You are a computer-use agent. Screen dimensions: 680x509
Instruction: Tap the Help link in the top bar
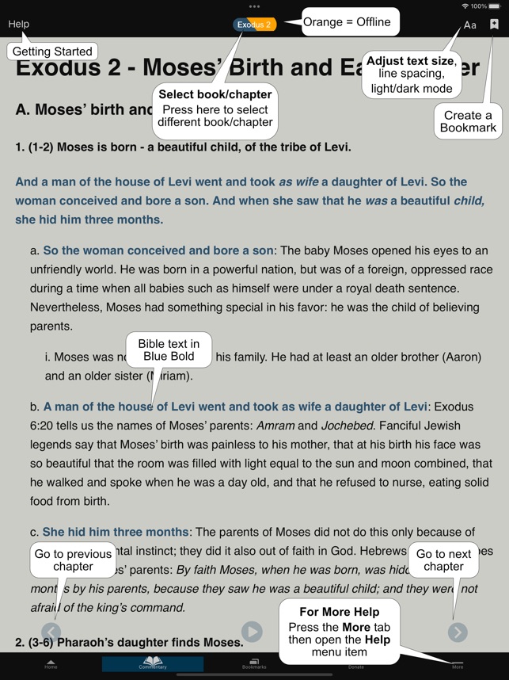[x=18, y=24]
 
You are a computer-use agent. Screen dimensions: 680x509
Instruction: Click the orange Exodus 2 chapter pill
[x=254, y=25]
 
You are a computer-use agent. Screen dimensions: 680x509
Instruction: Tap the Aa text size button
[x=470, y=25]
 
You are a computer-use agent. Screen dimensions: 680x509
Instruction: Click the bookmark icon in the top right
[x=494, y=25]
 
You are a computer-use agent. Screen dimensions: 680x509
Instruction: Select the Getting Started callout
[x=52, y=52]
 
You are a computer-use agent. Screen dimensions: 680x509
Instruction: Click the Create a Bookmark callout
[x=468, y=121]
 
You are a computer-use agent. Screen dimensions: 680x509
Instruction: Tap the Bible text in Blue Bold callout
[x=169, y=350]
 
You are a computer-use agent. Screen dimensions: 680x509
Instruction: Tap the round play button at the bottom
[x=252, y=632]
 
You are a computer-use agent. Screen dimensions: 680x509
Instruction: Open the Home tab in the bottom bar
[x=51, y=664]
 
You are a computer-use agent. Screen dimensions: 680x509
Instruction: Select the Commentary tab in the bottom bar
[x=152, y=664]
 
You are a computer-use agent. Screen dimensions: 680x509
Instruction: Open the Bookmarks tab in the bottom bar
[x=254, y=664]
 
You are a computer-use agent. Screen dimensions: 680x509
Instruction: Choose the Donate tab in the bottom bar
[x=356, y=664]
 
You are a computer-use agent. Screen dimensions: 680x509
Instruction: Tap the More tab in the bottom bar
[x=458, y=664]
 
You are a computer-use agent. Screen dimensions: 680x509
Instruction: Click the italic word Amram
[x=278, y=426]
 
